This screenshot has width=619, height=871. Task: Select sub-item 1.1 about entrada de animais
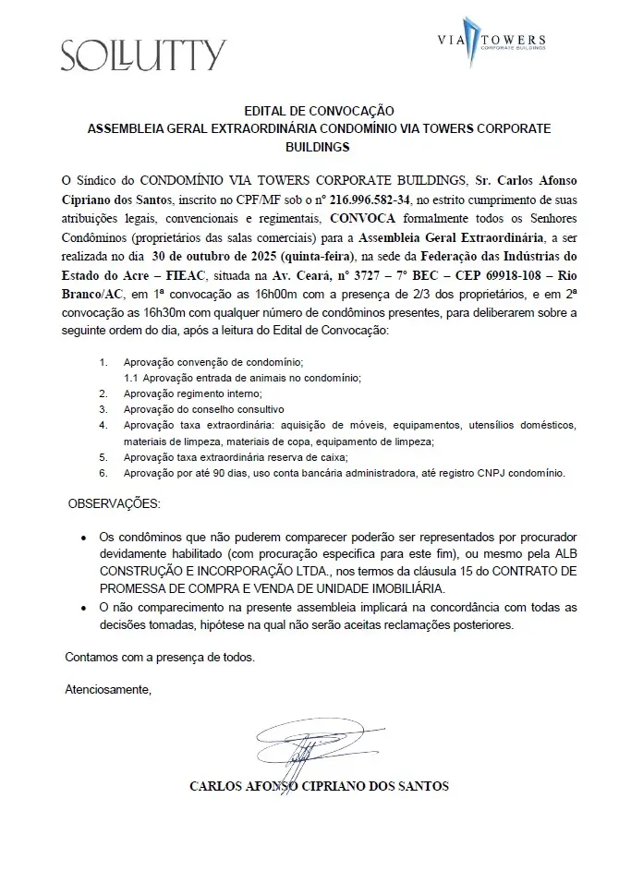[242, 379]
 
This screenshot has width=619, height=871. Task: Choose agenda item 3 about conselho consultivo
[203, 408]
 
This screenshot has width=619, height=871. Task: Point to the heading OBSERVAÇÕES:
[114, 504]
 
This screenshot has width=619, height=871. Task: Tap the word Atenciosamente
[108, 689]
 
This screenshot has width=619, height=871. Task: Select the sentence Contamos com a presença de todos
[159, 657]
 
